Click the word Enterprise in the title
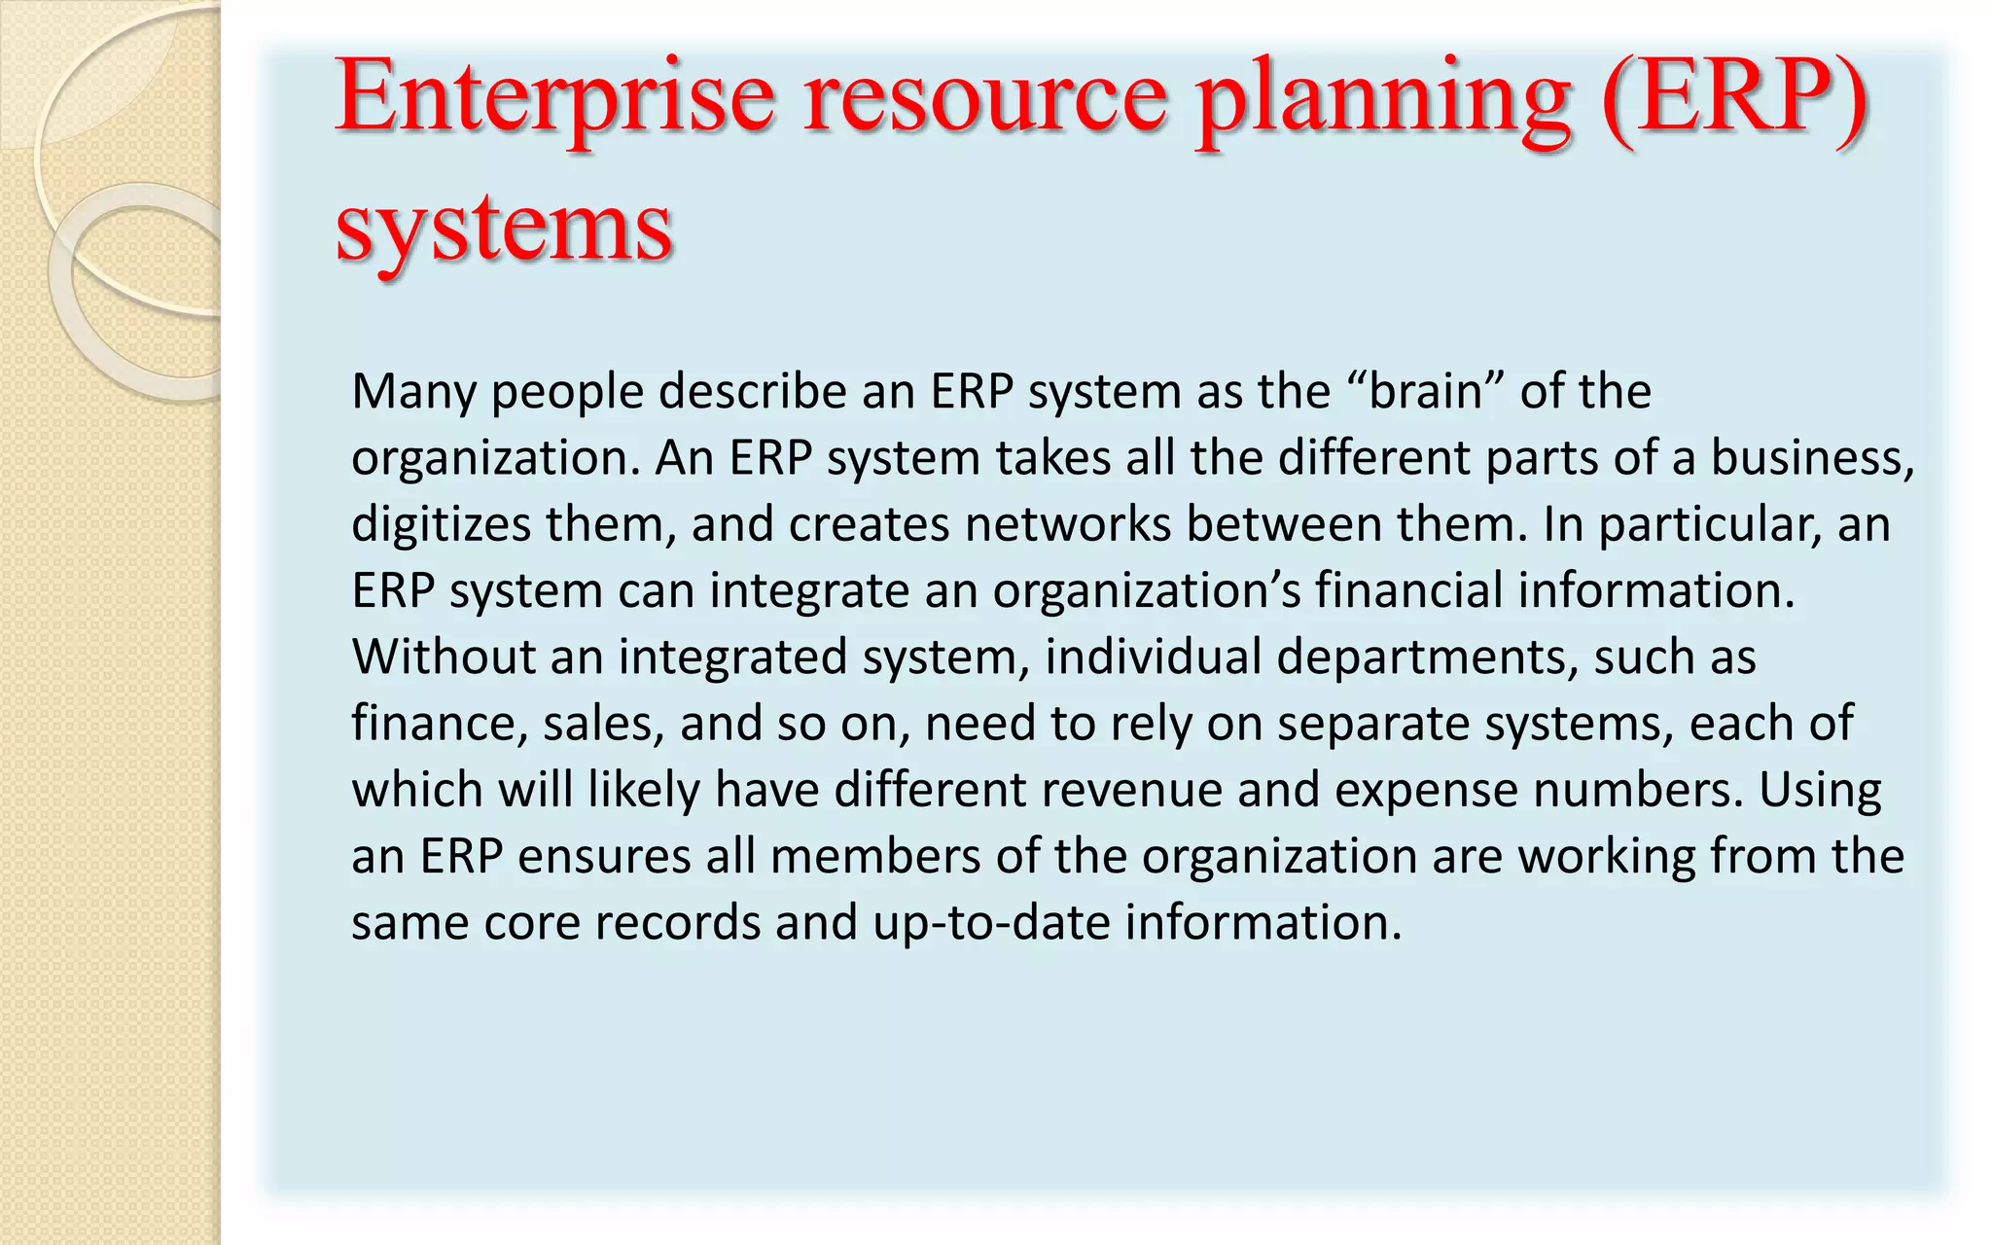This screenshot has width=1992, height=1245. tap(554, 97)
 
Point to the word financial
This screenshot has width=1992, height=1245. tap(1409, 590)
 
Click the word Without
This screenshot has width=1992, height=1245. tap(444, 657)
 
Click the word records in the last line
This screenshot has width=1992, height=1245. tap(677, 922)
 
